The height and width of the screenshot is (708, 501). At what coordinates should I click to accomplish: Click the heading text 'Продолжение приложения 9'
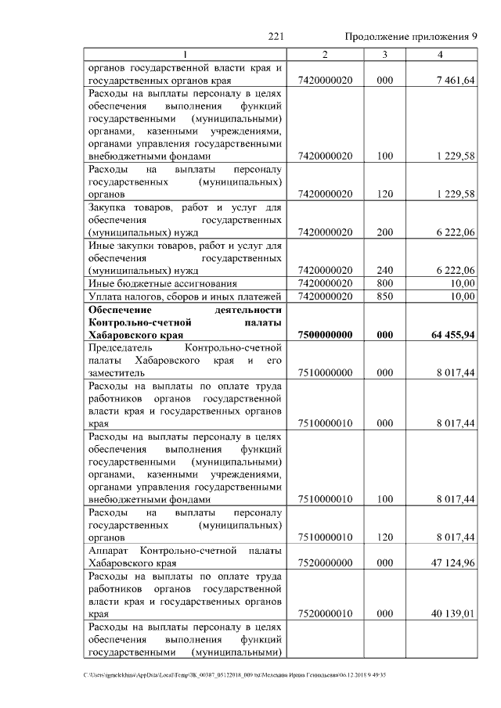410,37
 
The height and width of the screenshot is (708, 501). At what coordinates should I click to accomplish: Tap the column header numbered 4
441,54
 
